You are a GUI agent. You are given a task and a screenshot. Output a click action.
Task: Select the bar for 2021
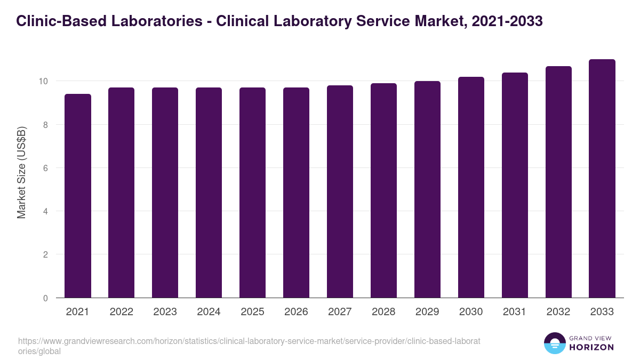78,196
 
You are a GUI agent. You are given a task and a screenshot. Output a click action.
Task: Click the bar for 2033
602,179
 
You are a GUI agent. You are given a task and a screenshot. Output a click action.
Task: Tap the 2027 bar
340,191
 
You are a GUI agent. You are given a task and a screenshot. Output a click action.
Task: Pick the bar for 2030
471,187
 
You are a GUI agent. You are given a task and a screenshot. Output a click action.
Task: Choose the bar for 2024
209,193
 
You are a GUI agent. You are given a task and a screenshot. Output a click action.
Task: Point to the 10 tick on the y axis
43,82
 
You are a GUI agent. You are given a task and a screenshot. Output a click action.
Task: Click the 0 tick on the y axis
45,298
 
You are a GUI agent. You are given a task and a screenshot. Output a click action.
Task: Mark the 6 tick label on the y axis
45,168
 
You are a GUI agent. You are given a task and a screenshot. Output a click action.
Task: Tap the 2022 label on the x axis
121,312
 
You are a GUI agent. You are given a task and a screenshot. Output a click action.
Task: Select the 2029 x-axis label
427,312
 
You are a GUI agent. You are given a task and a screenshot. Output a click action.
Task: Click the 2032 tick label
558,312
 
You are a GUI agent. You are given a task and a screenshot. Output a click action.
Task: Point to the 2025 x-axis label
252,312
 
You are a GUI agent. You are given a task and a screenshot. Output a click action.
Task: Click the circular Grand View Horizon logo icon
555,343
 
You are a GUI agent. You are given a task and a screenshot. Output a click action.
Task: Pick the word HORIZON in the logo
591,347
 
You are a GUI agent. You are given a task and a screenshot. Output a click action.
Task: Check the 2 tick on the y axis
45,255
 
